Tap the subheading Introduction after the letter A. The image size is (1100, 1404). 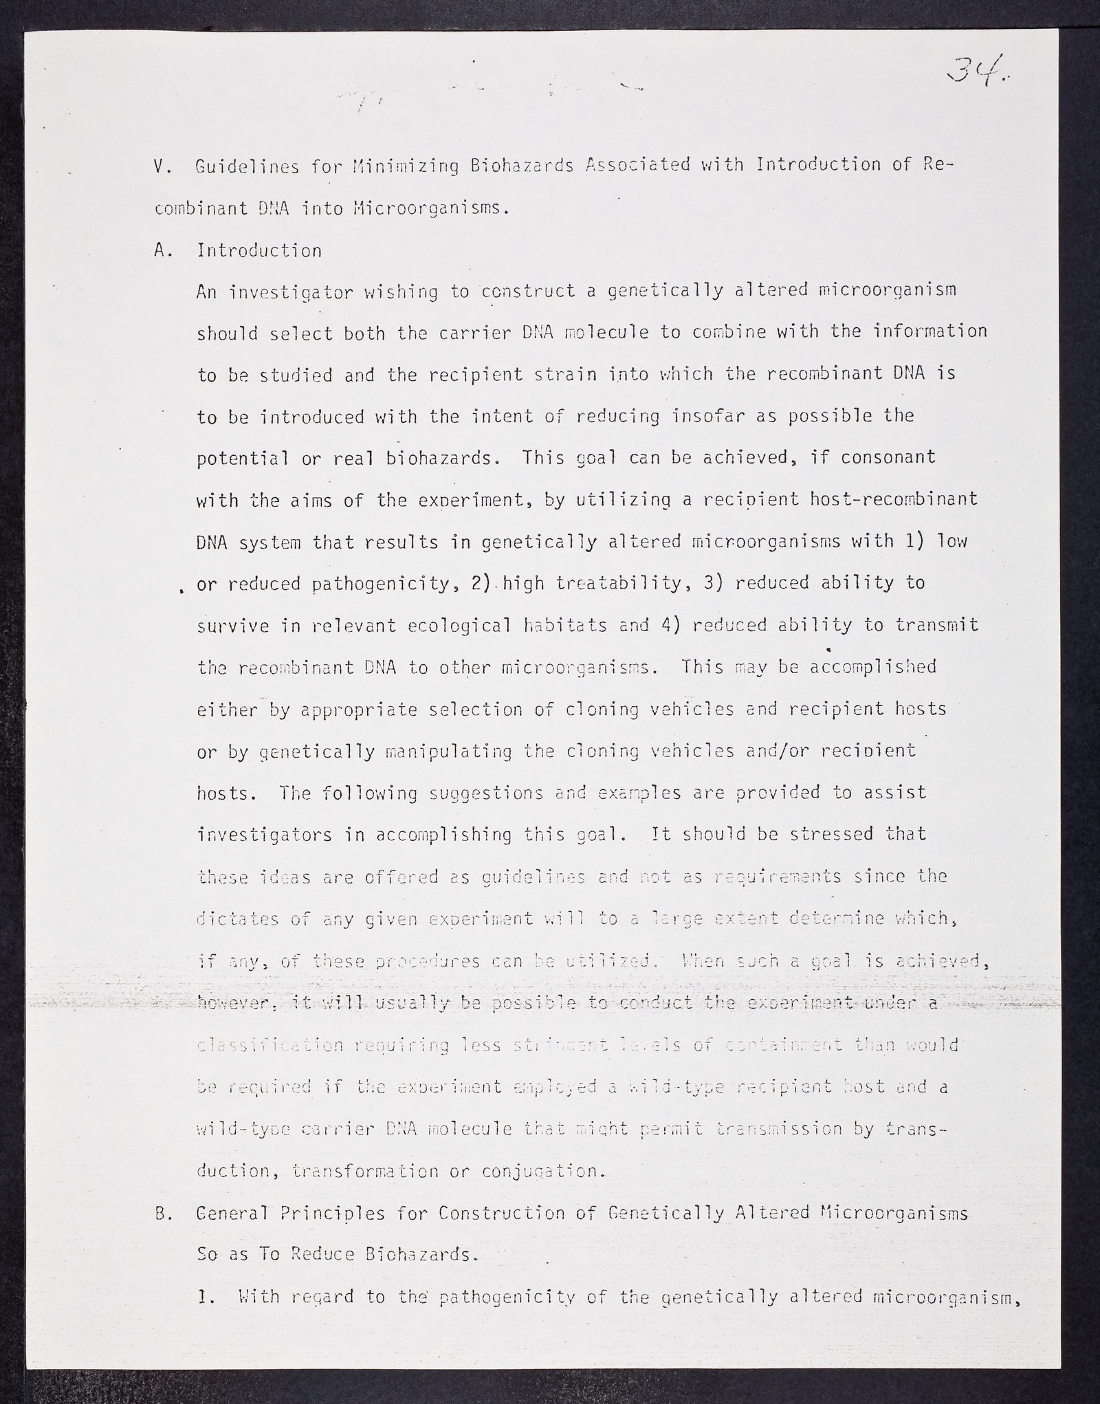coord(259,250)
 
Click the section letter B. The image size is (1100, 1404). coord(161,1214)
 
